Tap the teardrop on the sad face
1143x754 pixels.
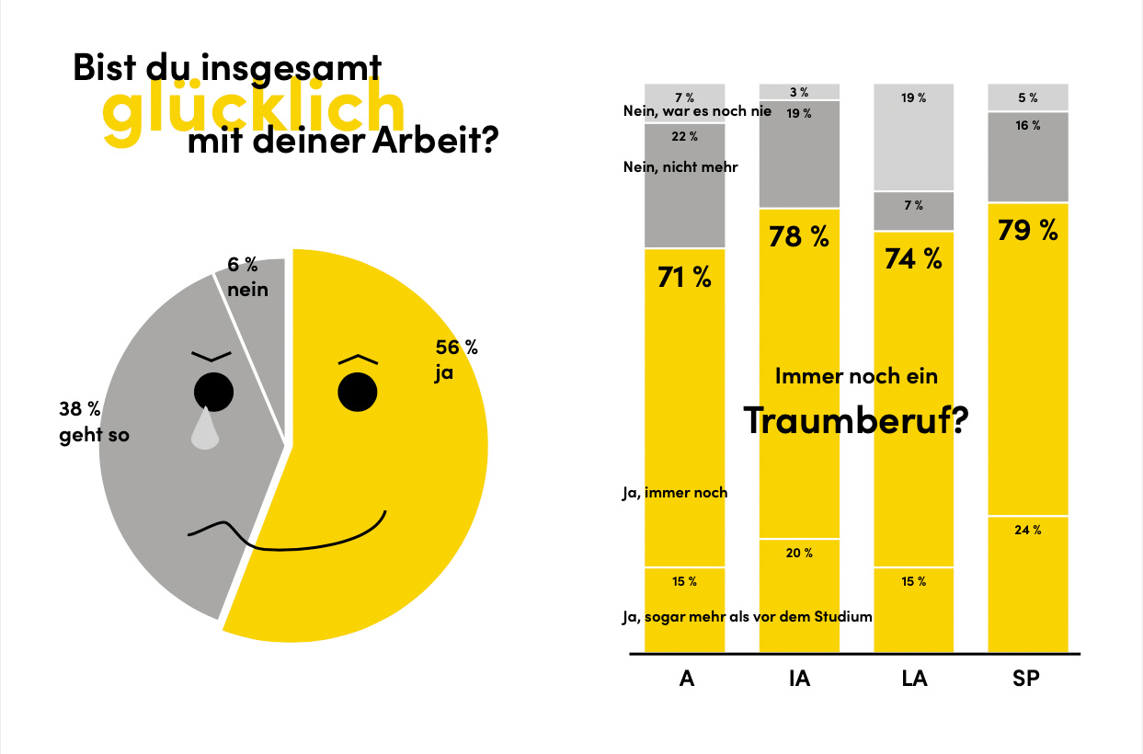tap(205, 429)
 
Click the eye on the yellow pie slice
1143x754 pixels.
tap(358, 392)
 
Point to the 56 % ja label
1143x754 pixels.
tap(456, 360)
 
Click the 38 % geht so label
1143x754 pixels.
tap(94, 422)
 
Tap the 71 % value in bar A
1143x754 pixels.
tap(684, 277)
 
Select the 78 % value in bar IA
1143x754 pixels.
tap(799, 236)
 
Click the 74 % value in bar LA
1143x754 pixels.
tap(913, 258)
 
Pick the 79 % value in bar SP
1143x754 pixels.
tap(1028, 229)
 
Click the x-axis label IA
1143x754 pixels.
tap(799, 680)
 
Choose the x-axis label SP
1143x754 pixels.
tap(1027, 680)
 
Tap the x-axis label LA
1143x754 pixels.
tap(913, 680)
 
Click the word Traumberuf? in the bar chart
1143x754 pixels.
tap(856, 419)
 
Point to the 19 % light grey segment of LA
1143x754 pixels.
tap(913, 138)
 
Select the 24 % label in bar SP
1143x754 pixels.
tap(1028, 530)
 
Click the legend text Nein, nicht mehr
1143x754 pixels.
tap(680, 167)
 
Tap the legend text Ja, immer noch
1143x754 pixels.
tap(674, 493)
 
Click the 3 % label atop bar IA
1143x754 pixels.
tap(798, 92)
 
